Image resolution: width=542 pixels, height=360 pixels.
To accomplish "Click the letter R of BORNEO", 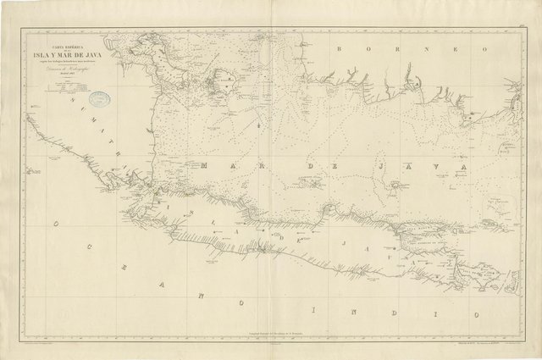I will [x=377, y=49].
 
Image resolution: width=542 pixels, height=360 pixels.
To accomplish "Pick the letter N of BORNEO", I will [x=395, y=49].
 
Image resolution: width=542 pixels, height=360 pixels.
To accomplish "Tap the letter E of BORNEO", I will [x=414, y=49].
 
